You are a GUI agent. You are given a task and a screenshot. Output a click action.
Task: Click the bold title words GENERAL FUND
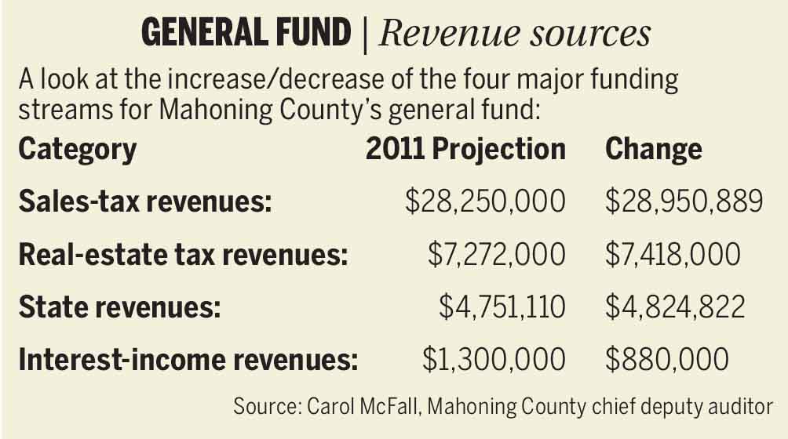[245, 34]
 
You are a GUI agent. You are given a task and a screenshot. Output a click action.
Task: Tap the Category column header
[78, 150]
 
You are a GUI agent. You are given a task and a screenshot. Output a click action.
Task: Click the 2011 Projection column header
[465, 150]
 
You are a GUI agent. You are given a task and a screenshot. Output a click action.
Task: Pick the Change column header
[654, 150]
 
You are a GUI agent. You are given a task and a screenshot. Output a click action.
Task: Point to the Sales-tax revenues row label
[145, 202]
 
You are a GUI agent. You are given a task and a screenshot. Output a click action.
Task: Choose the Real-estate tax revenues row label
[183, 255]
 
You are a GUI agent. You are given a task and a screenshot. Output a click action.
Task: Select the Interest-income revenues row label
[188, 360]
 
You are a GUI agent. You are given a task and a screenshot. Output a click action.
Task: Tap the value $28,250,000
[485, 202]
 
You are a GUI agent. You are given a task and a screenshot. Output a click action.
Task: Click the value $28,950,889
[684, 202]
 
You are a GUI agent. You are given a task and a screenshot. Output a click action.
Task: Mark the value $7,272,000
[496, 255]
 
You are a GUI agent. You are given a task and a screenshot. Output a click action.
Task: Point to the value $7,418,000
[673, 255]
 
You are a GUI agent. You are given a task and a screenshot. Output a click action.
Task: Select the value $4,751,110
[502, 307]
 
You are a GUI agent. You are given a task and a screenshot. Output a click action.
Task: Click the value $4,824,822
[674, 307]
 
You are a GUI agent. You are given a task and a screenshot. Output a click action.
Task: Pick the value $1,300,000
[494, 360]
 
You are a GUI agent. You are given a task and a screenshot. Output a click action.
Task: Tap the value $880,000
[667, 360]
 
